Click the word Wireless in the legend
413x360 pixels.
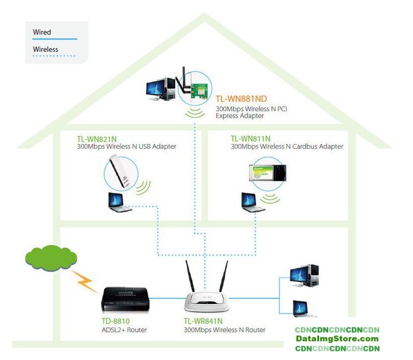46,49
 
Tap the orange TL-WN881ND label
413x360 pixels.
241,99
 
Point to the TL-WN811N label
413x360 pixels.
250,139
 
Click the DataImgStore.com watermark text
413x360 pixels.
337,339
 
